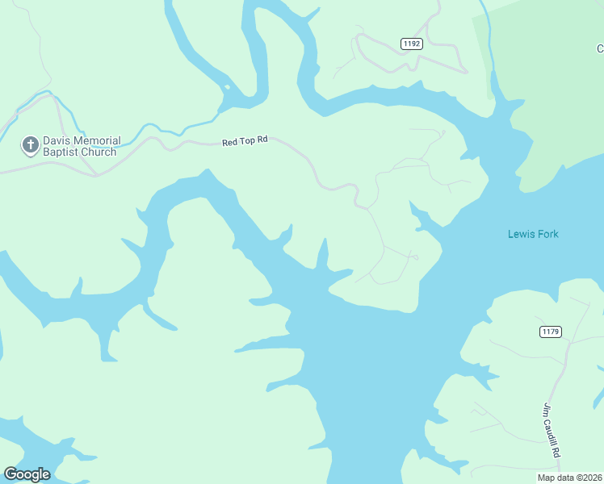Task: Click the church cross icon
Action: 30,145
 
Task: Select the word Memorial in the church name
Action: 99,141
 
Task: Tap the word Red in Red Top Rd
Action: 230,143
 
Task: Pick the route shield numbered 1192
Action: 411,44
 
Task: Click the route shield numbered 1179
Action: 551,332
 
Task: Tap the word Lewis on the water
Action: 521,235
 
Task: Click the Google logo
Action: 27,474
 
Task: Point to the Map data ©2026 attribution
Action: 570,478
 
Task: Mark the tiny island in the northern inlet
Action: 228,87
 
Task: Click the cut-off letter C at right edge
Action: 600,48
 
